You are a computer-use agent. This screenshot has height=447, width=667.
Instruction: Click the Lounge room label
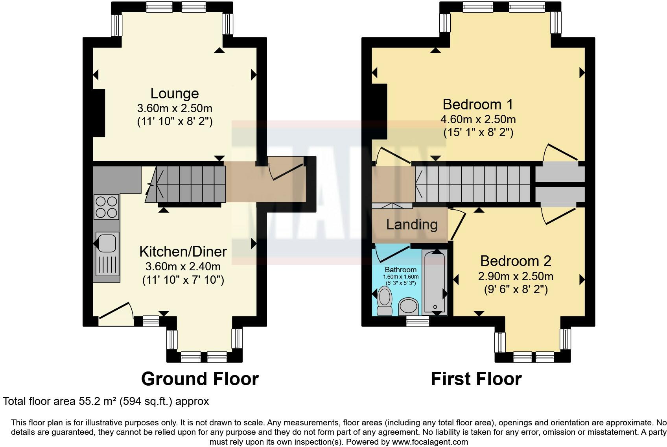pyautogui.click(x=175, y=94)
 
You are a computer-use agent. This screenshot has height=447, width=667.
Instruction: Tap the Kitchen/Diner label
pyautogui.click(x=183, y=252)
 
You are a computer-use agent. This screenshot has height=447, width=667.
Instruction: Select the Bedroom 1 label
pyautogui.click(x=478, y=105)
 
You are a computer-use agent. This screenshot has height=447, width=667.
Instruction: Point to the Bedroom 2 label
pyautogui.click(x=516, y=261)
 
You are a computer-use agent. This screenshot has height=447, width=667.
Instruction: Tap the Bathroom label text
pyautogui.click(x=400, y=270)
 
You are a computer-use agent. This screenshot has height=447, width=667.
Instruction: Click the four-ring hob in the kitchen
pyautogui.click(x=106, y=207)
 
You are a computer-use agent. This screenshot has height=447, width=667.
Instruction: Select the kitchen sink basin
pyautogui.click(x=107, y=243)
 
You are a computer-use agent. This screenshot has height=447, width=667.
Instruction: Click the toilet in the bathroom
pyautogui.click(x=385, y=301)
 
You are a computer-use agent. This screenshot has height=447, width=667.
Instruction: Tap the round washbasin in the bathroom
pyautogui.click(x=409, y=307)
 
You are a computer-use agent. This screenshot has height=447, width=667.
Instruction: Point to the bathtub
pyautogui.click(x=435, y=282)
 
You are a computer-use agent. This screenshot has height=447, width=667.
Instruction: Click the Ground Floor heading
pyautogui.click(x=200, y=379)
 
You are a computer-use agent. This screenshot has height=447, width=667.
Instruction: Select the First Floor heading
pyautogui.click(x=476, y=379)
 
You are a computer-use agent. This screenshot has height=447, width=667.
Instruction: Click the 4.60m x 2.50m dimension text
pyautogui.click(x=478, y=120)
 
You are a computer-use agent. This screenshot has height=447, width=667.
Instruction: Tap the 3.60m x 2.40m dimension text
pyautogui.click(x=183, y=266)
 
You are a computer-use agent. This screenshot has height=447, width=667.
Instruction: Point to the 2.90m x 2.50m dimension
pyautogui.click(x=516, y=277)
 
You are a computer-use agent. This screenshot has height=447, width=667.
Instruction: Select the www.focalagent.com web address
pyautogui.click(x=430, y=442)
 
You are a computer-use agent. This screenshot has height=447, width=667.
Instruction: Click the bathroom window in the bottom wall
pyautogui.click(x=418, y=321)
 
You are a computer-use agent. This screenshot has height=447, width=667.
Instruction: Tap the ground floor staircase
pyautogui.click(x=186, y=185)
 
